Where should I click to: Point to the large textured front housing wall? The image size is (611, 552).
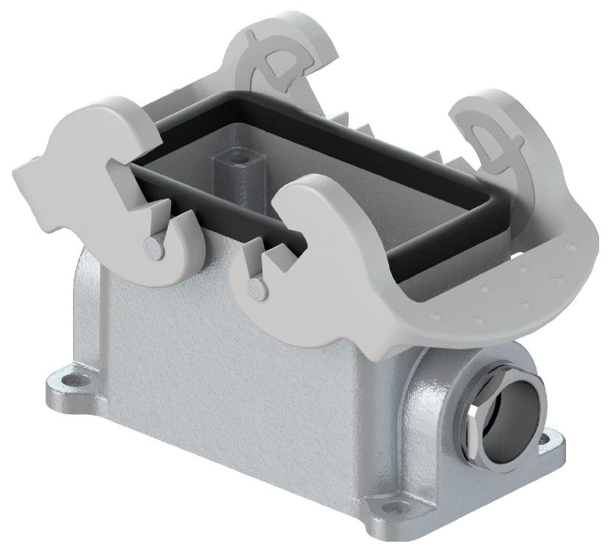236,368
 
